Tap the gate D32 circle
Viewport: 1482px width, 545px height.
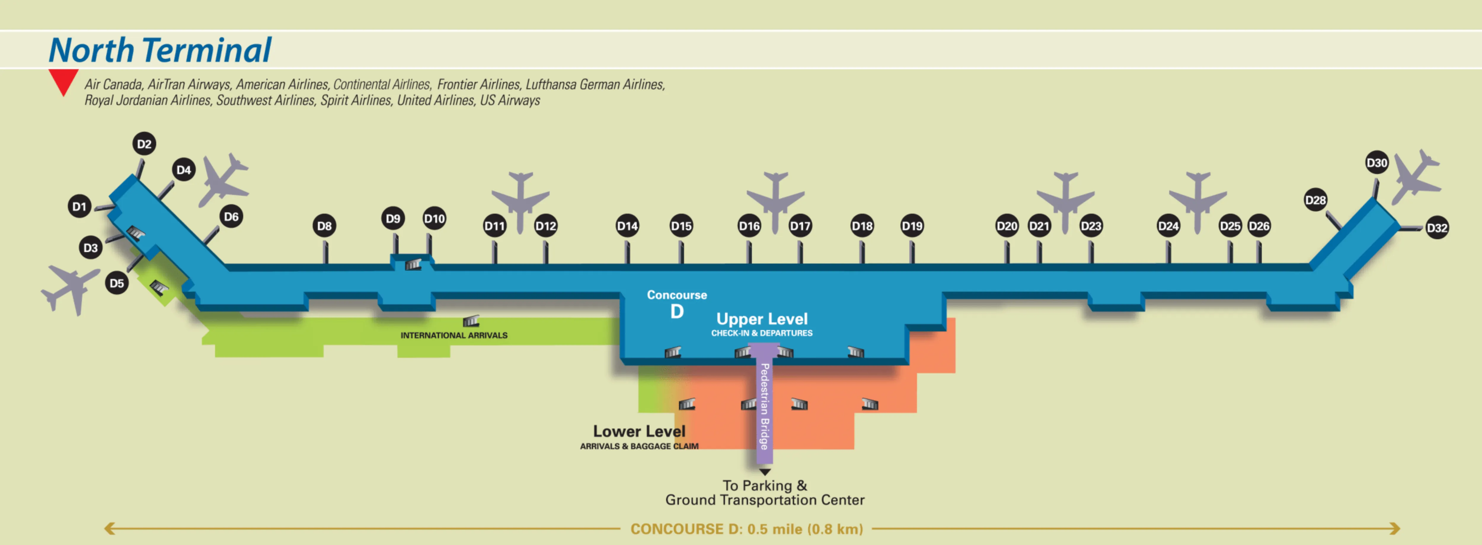pyautogui.click(x=1437, y=228)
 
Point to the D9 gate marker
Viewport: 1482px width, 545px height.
pyautogui.click(x=393, y=219)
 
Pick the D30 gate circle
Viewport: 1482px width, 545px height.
pyautogui.click(x=1377, y=163)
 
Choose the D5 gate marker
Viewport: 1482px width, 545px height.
pyautogui.click(x=117, y=283)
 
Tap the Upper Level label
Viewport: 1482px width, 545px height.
pyautogui.click(x=762, y=319)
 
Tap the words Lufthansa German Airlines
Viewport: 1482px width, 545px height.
pyautogui.click(x=595, y=84)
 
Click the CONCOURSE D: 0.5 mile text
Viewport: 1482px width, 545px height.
pyautogui.click(x=746, y=529)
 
